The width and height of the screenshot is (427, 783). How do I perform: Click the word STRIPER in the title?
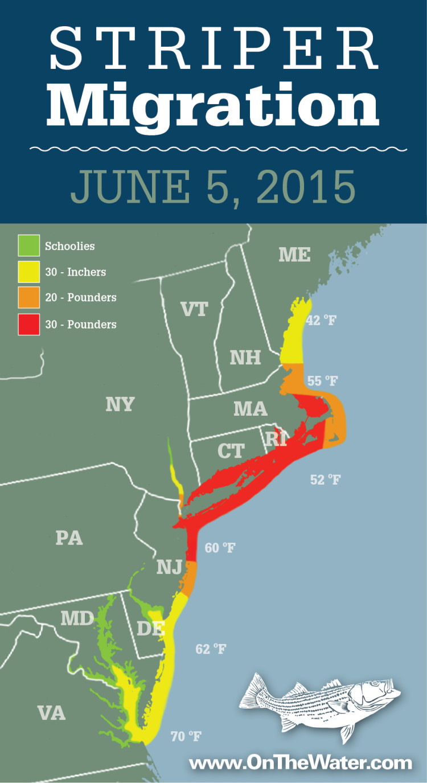click(213, 50)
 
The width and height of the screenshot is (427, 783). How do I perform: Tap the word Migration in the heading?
click(213, 105)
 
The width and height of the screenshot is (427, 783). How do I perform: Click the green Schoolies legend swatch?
click(29, 246)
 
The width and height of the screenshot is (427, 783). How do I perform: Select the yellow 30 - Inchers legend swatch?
click(29, 272)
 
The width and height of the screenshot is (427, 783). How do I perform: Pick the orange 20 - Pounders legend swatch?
click(29, 298)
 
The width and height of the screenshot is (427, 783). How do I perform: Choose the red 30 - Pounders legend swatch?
click(29, 324)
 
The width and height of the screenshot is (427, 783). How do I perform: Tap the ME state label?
click(294, 255)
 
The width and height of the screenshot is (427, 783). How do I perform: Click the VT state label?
click(194, 309)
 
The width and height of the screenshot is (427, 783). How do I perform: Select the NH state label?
click(245, 358)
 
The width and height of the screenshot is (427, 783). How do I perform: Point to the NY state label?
click(120, 404)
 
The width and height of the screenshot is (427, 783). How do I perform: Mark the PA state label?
click(69, 538)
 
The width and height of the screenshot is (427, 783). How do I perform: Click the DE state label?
click(151, 628)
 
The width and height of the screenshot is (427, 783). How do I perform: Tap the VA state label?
click(51, 712)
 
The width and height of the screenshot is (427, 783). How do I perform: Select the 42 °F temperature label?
click(322, 320)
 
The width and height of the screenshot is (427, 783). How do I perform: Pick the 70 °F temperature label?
click(186, 737)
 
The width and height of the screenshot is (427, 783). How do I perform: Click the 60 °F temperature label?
click(220, 548)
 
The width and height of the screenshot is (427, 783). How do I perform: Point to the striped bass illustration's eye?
click(375, 683)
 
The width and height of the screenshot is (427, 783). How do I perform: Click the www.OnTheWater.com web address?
click(300, 763)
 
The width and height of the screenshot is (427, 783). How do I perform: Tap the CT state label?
click(231, 451)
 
